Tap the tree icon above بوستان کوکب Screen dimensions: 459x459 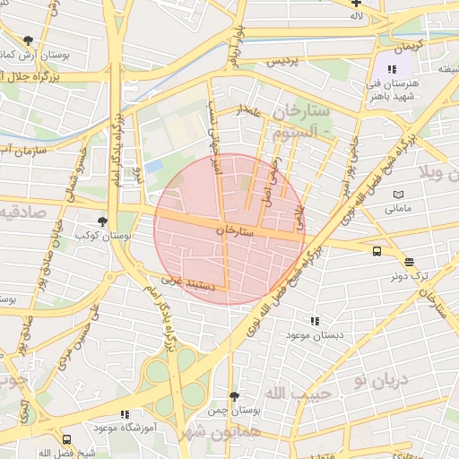tap(104, 221)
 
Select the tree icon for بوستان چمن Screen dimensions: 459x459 tap(235, 395)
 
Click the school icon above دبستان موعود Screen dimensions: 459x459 tap(314, 321)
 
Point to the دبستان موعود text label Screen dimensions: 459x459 tap(310, 334)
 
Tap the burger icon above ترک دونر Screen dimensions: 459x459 tap(410, 263)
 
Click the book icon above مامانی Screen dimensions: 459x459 tap(398, 195)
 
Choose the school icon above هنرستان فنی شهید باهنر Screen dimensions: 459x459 tap(391, 69)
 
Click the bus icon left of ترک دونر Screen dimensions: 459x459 tap(377, 252)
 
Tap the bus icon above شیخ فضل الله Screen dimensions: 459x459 tap(67, 439)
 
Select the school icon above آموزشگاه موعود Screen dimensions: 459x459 tap(124, 414)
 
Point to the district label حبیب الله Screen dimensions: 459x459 tap(300, 393)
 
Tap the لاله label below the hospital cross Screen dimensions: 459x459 tap(356, 16)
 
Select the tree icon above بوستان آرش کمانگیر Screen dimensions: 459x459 tap(29, 40)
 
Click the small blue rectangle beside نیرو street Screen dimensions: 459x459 tap(154, 167)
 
